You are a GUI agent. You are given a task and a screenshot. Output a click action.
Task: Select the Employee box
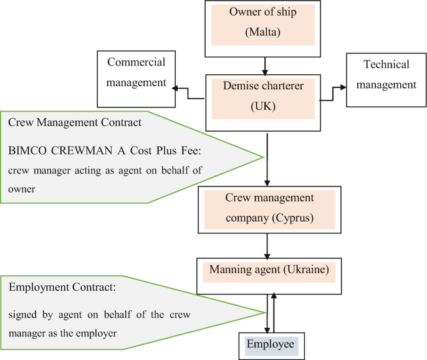pos(271,345)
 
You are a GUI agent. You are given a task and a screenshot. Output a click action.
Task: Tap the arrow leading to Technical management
pos(333,94)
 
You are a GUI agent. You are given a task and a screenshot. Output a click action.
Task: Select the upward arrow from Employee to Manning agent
pos(274,312)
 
